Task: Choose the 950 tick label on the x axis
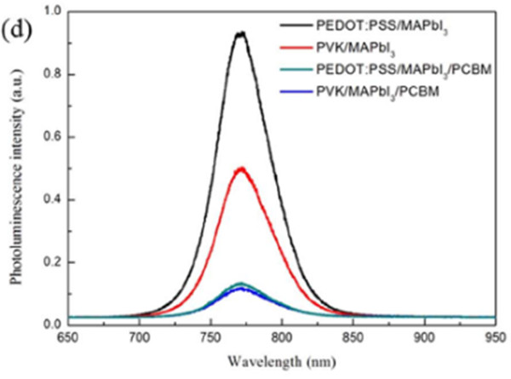click(497, 336)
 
